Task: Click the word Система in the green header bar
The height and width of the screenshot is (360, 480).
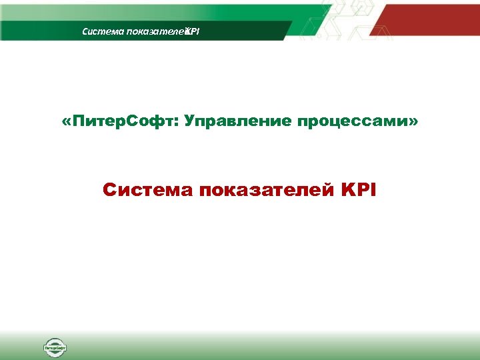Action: point(97,31)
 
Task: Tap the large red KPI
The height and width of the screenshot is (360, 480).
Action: point(358,191)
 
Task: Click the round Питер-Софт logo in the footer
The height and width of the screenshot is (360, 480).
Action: point(55,347)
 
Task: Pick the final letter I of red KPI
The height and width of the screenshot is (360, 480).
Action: point(373,191)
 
